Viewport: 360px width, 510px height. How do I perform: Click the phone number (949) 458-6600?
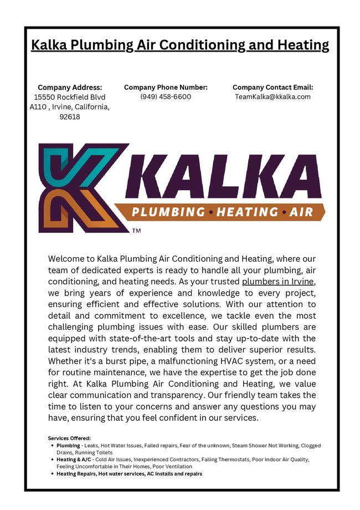click(x=166, y=96)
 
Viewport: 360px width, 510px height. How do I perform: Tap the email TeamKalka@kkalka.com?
click(x=272, y=96)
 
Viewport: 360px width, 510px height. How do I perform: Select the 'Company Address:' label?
click(x=70, y=87)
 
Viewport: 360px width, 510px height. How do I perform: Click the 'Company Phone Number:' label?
click(x=166, y=87)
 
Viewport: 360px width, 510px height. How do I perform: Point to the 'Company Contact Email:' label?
click(x=272, y=87)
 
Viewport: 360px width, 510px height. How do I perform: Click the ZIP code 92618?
click(x=69, y=117)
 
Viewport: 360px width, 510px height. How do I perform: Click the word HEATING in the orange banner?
click(x=247, y=212)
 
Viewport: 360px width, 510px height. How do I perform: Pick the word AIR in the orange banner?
click(x=301, y=212)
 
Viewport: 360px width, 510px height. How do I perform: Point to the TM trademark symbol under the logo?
click(x=136, y=230)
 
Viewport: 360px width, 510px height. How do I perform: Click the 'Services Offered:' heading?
click(x=69, y=438)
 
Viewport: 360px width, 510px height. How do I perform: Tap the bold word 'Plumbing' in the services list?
click(x=68, y=445)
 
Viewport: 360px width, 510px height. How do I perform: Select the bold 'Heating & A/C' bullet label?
click(x=74, y=460)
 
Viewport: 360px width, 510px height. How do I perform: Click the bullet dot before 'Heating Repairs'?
click(x=52, y=474)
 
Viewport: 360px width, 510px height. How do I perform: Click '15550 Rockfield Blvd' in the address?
click(x=69, y=97)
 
